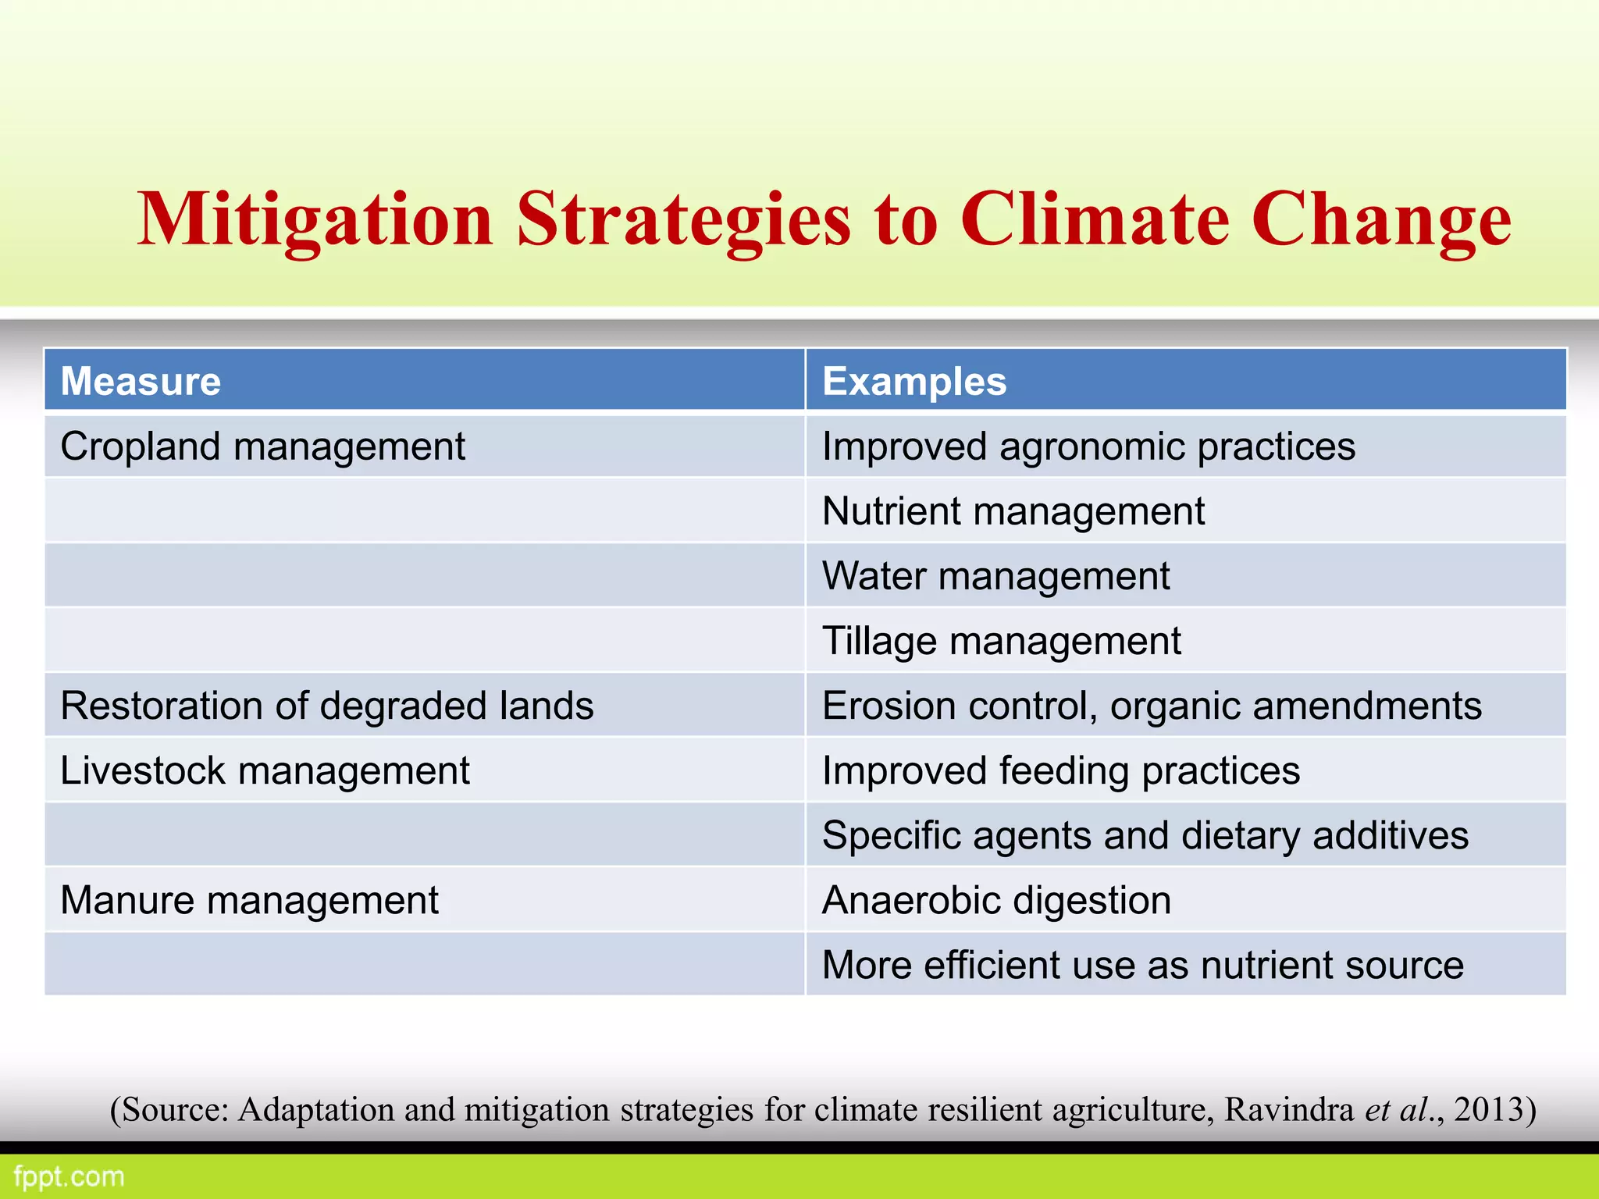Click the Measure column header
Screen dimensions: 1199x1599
click(x=141, y=382)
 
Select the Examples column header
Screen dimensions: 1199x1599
click(x=914, y=382)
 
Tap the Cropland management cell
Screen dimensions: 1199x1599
click(x=262, y=447)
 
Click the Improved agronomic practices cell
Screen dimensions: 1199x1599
click(x=1088, y=447)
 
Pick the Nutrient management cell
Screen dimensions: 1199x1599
click(x=1013, y=512)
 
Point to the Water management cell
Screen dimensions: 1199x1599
click(x=995, y=577)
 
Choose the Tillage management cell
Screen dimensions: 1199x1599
click(x=1001, y=642)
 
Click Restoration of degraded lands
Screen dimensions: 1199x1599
click(x=326, y=706)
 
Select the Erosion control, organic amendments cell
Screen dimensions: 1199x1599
click(x=1152, y=706)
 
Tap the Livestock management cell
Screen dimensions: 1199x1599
click(x=265, y=770)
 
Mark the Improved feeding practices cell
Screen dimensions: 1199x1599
click(x=1061, y=770)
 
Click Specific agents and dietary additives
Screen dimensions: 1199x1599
click(x=1145, y=835)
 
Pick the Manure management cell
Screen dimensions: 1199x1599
click(x=249, y=900)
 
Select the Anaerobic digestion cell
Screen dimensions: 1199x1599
click(x=996, y=900)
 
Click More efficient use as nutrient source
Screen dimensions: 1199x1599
click(x=1142, y=965)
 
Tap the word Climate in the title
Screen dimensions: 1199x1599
click(x=1094, y=219)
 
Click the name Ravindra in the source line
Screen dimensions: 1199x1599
click(x=1288, y=1109)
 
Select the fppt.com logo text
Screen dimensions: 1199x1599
click(x=69, y=1176)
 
